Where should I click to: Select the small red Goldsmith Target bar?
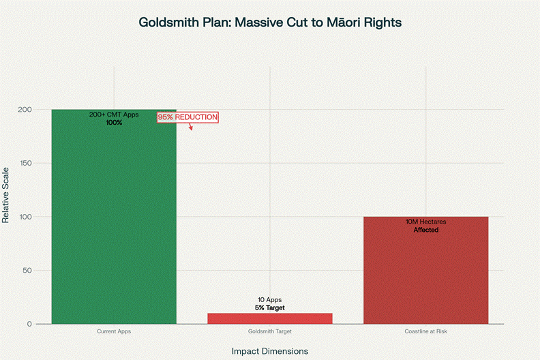pos(270,318)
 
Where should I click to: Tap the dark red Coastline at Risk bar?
pos(425,273)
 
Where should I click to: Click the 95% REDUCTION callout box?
pos(187,117)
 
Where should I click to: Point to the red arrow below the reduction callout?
pos(191,127)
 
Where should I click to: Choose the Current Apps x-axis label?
pos(114,331)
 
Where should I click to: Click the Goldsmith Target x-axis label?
pos(270,331)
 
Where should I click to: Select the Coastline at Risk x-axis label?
pos(425,331)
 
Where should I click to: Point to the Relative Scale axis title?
pos(6,194)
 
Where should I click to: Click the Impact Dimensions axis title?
pos(270,350)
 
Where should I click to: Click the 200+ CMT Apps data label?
pos(114,115)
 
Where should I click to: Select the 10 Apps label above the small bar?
pos(270,300)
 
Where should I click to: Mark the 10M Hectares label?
pos(425,222)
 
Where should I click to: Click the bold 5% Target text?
pos(270,308)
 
